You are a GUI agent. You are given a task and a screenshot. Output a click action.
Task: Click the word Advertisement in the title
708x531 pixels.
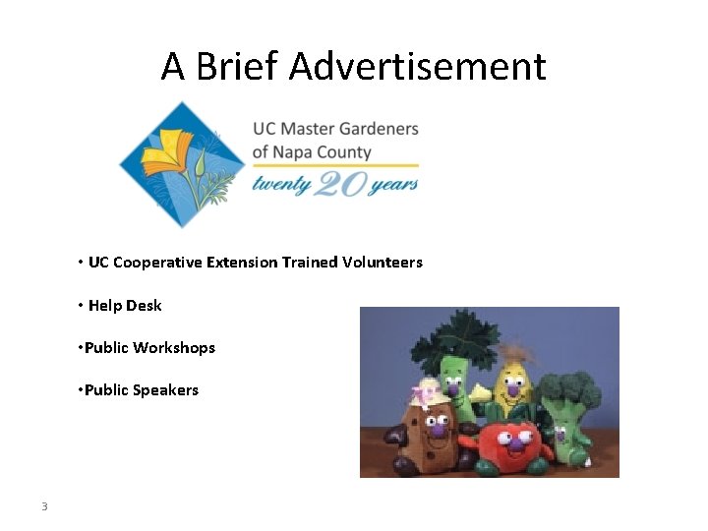[x=417, y=67]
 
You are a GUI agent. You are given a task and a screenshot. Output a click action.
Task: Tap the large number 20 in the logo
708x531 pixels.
[x=338, y=183]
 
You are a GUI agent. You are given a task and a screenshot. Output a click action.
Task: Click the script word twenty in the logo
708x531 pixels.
[x=281, y=183]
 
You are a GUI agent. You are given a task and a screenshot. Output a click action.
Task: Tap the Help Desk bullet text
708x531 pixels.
[x=125, y=306]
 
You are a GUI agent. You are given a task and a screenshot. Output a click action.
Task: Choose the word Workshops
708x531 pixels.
[x=174, y=348]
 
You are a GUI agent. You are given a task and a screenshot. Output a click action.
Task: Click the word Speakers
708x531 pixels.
[x=166, y=390]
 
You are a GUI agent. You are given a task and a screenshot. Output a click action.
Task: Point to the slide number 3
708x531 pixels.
[x=44, y=507]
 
